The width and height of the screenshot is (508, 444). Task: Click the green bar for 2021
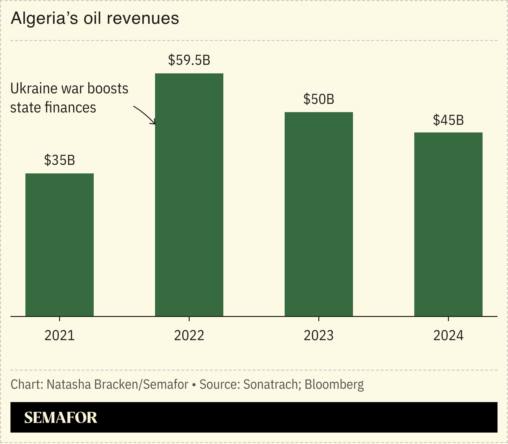coord(59,245)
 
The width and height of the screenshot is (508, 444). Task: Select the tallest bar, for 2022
coord(189,195)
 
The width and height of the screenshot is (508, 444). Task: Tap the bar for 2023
coord(319,214)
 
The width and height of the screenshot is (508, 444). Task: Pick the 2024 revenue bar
coord(448,224)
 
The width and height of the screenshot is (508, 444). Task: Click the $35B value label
coord(59,160)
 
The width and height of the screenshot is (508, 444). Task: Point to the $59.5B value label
coord(189,60)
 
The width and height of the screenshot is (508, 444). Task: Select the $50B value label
coord(319,99)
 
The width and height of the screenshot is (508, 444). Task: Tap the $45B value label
coord(448,120)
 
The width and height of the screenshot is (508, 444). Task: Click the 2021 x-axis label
coord(59,336)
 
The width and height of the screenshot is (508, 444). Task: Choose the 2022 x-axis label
coord(189,336)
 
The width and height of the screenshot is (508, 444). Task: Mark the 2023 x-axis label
coord(319,336)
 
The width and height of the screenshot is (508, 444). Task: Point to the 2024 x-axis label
coord(448,336)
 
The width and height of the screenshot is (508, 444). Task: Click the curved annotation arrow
coord(145,115)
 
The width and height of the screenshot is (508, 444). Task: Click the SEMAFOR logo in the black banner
coord(61,417)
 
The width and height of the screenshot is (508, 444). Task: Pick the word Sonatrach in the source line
coord(270,385)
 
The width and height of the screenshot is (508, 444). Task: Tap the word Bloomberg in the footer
coord(334,385)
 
